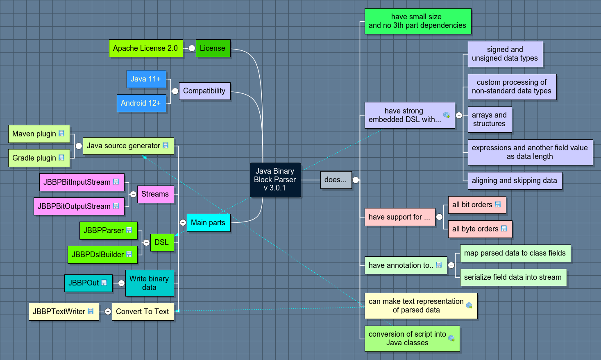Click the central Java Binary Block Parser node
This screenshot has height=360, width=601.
click(275, 179)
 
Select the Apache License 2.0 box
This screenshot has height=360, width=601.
click(145, 48)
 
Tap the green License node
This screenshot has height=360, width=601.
click(213, 48)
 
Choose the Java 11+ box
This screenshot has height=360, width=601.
click(146, 79)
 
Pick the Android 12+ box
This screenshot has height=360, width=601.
click(141, 103)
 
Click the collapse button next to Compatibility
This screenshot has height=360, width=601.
click(175, 91)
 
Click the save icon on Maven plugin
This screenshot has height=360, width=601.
click(61, 134)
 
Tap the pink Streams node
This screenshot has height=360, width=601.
click(155, 194)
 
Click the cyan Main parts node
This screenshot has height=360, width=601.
click(208, 223)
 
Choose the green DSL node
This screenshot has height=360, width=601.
click(161, 242)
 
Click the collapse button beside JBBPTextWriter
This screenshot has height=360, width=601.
click(108, 312)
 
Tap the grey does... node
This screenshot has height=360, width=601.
click(336, 180)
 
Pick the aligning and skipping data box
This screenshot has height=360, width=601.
click(515, 181)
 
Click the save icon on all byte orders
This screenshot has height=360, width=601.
click(504, 229)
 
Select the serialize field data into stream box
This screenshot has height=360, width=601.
click(513, 277)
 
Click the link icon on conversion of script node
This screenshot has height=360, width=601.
click(451, 338)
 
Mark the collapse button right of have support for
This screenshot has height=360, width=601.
click(439, 217)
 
